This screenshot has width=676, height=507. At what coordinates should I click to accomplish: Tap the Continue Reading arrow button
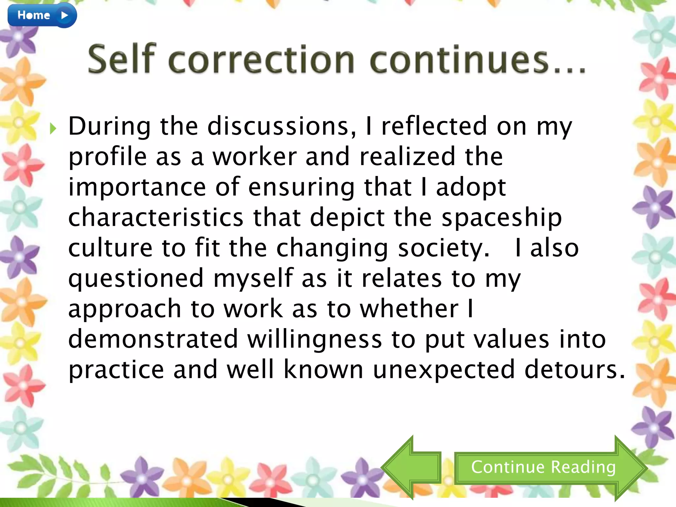pyautogui.click(x=543, y=467)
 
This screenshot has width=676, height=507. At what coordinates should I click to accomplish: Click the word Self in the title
pyautogui.click(x=121, y=59)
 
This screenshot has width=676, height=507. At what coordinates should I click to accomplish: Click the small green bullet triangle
pyautogui.click(x=53, y=129)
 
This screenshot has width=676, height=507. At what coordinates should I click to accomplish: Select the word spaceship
pyautogui.click(x=502, y=218)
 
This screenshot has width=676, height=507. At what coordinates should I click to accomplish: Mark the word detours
pyautogui.click(x=574, y=370)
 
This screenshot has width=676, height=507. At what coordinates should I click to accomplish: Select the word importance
pyautogui.click(x=137, y=187)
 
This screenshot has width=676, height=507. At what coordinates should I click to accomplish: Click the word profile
pyautogui.click(x=108, y=157)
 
